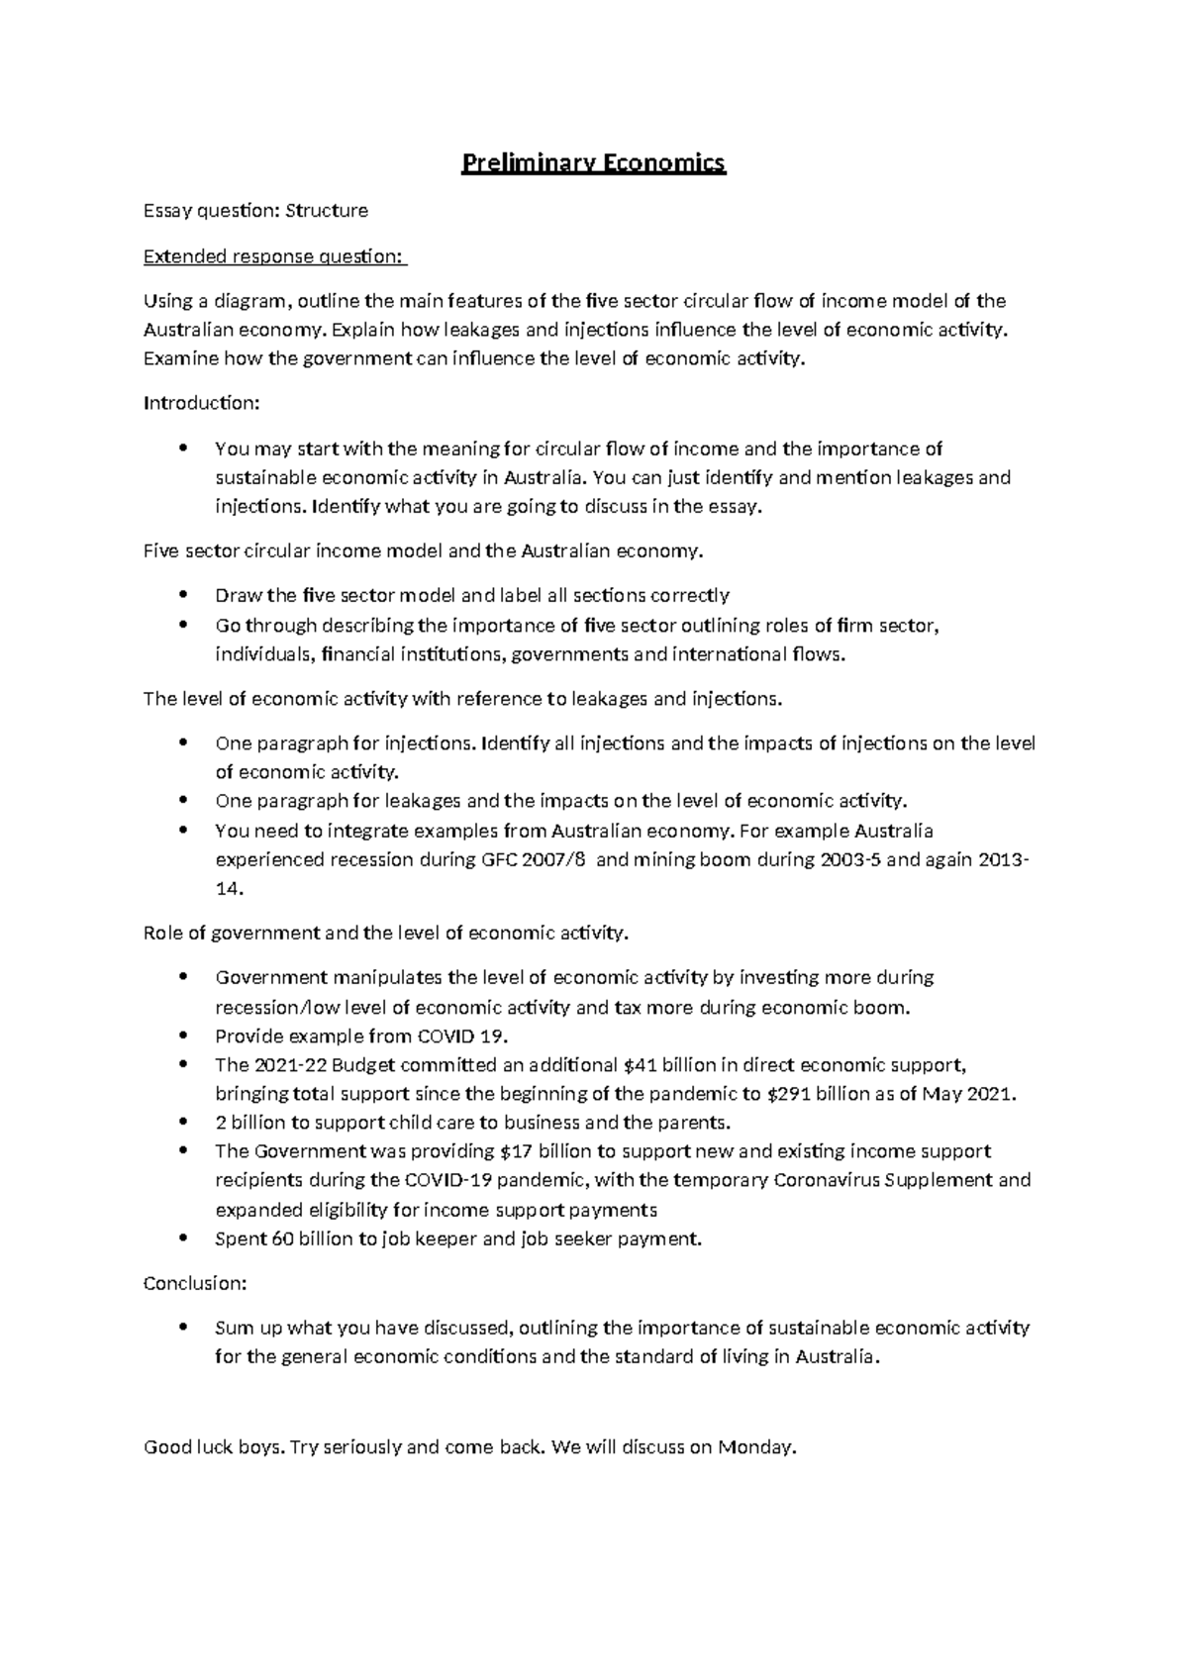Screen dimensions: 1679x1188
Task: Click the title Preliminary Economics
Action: click(594, 163)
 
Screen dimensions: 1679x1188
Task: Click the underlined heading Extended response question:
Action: click(274, 257)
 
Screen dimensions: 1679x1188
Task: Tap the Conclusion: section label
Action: click(195, 1283)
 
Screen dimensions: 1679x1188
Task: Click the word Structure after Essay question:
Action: click(327, 211)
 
